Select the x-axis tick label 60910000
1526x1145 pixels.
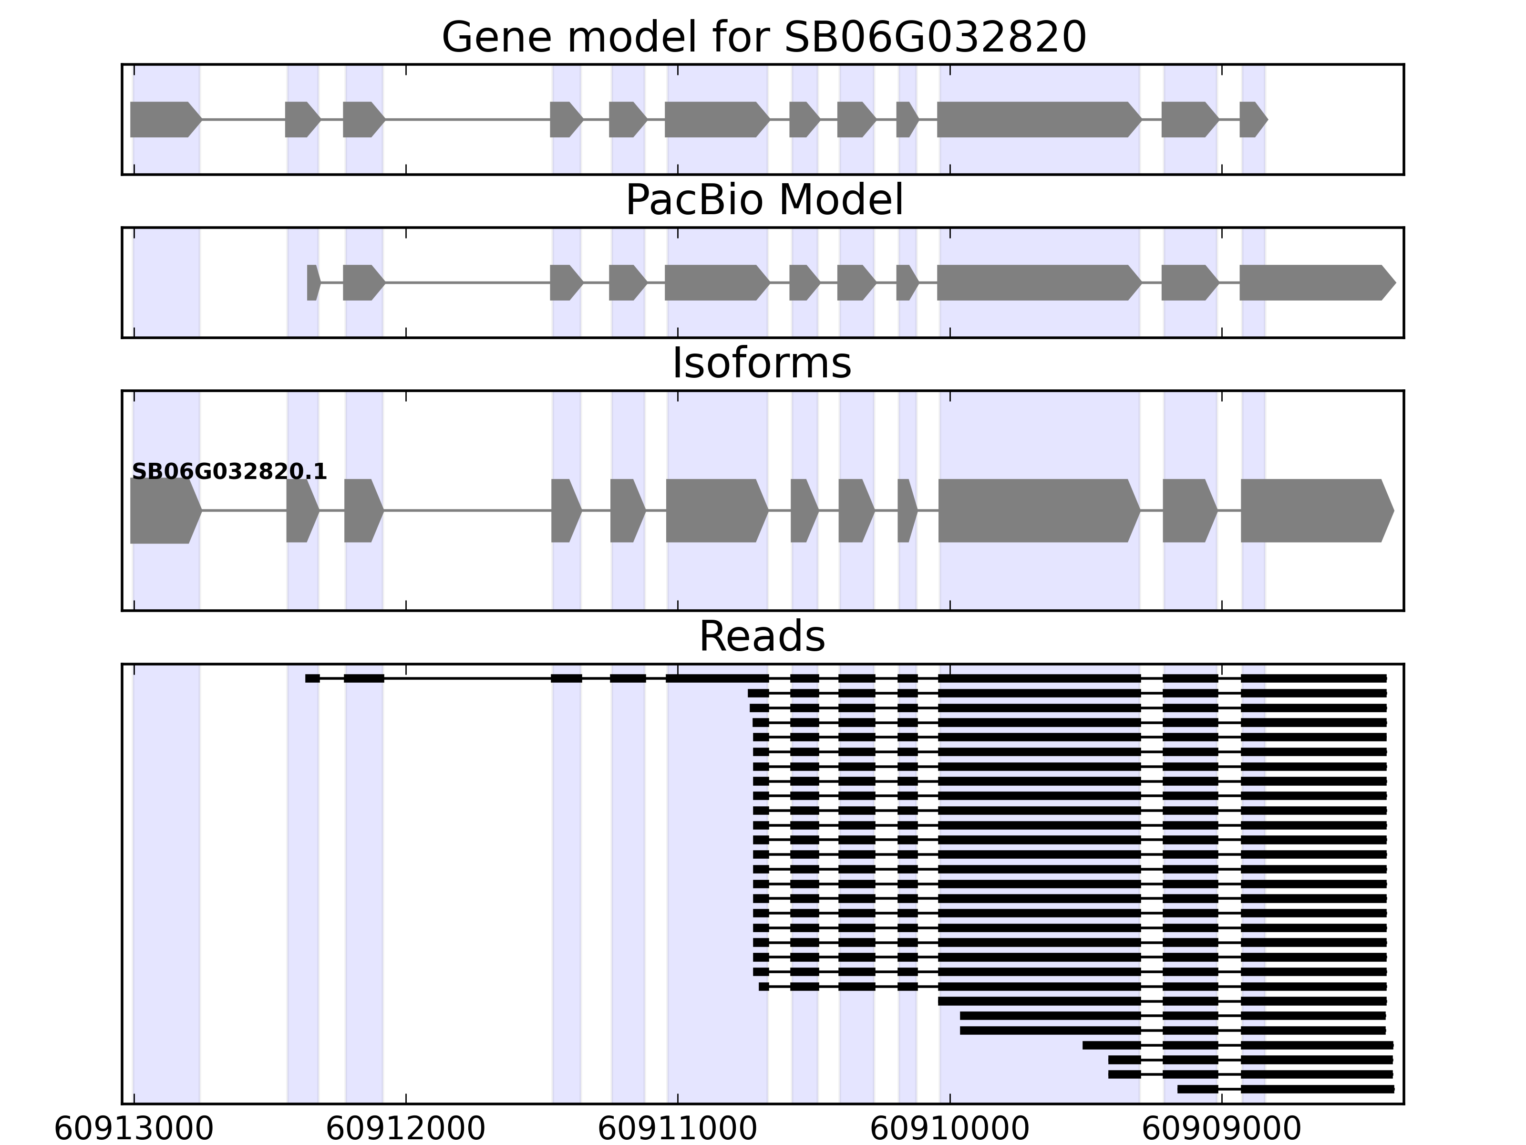[x=949, y=1130]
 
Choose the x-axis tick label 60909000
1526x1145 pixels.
[x=1221, y=1130]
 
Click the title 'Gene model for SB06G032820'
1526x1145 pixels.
[x=763, y=37]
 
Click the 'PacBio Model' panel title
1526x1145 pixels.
[x=763, y=200]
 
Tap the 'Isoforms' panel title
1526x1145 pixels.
[x=762, y=363]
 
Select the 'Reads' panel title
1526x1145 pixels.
[x=762, y=636]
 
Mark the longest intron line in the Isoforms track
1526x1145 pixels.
[x=467, y=511]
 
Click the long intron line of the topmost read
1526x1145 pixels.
[x=467, y=678]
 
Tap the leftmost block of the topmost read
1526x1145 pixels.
[x=312, y=678]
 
